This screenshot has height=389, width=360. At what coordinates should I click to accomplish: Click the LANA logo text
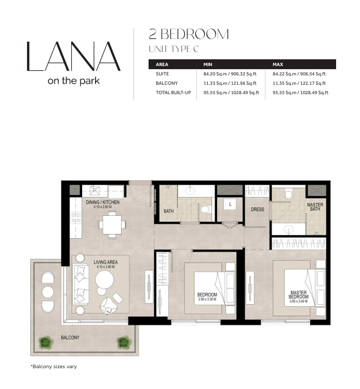point(74,56)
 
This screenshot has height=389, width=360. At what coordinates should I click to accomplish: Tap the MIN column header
point(208,64)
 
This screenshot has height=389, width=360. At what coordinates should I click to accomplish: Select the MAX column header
point(278,64)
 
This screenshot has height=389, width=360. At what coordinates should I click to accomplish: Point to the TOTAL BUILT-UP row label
point(174,93)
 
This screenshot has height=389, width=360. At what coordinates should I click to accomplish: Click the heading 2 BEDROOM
point(189,34)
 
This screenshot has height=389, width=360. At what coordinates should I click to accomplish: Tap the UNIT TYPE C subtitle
point(174,49)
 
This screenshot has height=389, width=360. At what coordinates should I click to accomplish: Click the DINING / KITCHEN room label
point(102,202)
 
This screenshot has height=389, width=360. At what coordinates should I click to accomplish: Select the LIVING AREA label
point(105,262)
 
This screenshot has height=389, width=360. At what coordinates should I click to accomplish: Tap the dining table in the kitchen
point(112,225)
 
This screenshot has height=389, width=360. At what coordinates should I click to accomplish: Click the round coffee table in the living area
point(104,280)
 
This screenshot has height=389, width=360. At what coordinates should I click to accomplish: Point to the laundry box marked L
point(230,204)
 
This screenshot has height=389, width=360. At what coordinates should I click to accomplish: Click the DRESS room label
point(258,210)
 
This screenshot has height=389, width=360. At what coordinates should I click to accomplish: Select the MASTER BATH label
point(315,207)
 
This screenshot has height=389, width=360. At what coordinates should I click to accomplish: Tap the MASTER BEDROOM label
point(299,295)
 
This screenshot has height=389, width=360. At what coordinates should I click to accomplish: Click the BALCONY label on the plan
point(70,338)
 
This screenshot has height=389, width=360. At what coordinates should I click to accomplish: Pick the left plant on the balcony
point(46,342)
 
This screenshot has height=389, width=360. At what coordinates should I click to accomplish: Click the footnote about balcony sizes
point(54,367)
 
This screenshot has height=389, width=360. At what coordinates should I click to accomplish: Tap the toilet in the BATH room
point(206,210)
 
